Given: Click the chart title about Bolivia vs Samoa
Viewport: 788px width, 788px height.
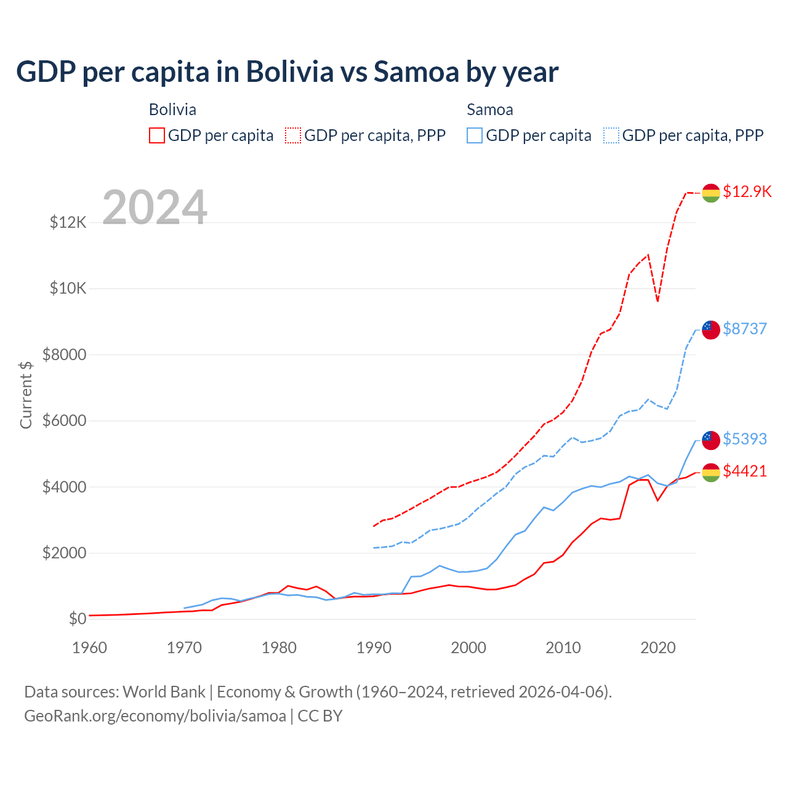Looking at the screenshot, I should (287, 72).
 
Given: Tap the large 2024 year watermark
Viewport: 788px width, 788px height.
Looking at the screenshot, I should (155, 207).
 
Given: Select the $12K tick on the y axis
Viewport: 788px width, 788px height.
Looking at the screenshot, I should (68, 222).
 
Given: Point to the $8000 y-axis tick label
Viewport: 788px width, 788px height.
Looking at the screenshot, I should (65, 355).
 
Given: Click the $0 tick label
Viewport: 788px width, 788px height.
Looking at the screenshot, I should (77, 619).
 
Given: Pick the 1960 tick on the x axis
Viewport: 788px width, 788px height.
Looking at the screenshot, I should (90, 648).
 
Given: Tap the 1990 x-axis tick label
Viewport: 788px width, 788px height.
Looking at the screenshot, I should (374, 648).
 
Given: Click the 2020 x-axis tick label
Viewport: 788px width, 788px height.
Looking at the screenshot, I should (658, 648).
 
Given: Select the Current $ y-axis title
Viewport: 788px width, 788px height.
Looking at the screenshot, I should (26, 395).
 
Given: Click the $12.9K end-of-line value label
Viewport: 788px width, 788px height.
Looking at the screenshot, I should (747, 191).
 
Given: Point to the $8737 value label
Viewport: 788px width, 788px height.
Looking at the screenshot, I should (745, 329).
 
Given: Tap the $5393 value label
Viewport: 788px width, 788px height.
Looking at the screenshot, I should (745, 439).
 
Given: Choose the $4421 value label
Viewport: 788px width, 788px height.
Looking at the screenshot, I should (745, 471).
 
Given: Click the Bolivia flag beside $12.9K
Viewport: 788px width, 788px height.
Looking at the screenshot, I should (711, 193).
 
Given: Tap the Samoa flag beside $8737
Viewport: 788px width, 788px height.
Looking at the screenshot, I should (711, 329).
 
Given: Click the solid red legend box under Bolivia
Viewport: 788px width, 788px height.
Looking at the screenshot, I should (157, 135).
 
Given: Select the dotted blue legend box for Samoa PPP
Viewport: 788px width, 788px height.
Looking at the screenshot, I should (611, 135).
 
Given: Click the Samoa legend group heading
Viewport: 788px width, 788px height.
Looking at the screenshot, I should (490, 110).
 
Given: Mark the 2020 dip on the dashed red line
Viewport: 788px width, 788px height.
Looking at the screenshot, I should (657, 301).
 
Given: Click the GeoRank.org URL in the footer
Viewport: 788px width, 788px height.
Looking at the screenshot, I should (155, 716).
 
